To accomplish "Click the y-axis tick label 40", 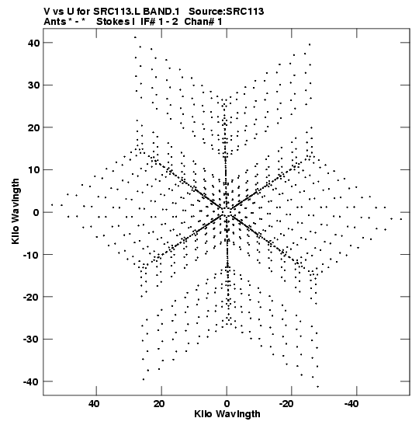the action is click(x=33, y=43).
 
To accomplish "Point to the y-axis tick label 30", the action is click(x=33, y=85).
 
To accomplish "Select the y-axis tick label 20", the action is click(x=33, y=127).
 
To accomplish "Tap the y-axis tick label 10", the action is click(x=33, y=170).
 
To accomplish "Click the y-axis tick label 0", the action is click(x=36, y=212).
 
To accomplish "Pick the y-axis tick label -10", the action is click(x=31, y=255).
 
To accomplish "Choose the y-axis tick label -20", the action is click(x=31, y=297).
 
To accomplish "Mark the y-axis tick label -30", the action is click(x=31, y=339).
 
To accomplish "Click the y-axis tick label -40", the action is click(x=31, y=381).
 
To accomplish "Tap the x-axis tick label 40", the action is click(x=94, y=404).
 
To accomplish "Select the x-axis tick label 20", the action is click(x=159, y=404).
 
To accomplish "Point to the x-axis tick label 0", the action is click(x=227, y=404).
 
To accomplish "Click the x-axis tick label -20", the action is click(x=286, y=404).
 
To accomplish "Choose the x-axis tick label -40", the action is click(x=351, y=404).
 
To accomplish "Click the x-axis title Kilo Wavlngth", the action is click(x=227, y=414).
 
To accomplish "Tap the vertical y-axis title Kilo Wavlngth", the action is click(x=16, y=211).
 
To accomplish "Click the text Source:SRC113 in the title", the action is click(x=226, y=12).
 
